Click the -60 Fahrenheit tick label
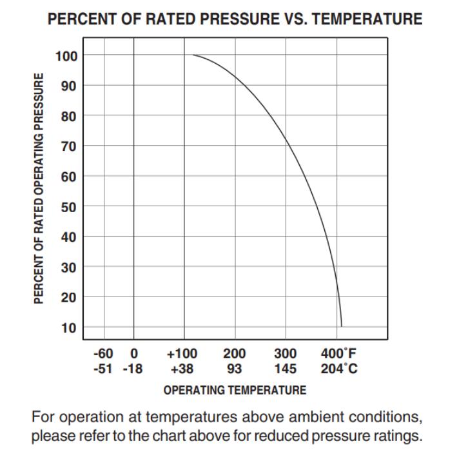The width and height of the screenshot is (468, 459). [x=103, y=353]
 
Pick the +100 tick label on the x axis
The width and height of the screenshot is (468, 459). [x=182, y=353]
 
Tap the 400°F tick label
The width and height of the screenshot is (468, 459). [x=338, y=353]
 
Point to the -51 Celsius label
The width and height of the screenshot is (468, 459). [x=104, y=369]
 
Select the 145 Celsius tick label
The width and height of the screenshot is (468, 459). [x=285, y=369]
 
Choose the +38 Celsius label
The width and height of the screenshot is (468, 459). [x=182, y=369]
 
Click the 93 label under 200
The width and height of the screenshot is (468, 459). [x=234, y=369]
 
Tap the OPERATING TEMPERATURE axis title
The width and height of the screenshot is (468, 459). [x=235, y=390]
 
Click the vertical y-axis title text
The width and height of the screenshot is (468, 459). [x=39, y=188]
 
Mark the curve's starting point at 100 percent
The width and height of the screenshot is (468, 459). [x=193, y=55]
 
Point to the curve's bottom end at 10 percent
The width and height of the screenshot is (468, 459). [x=342, y=326]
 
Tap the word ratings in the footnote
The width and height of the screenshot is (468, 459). [x=395, y=435]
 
